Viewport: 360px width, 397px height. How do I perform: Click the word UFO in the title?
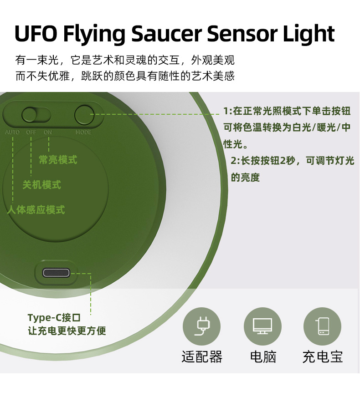click(35, 34)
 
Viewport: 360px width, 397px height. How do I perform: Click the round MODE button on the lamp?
click(84, 115)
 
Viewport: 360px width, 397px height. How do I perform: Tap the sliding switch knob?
click(30, 115)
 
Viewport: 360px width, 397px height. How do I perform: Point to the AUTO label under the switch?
click(12, 132)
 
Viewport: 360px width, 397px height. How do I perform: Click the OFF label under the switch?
click(31, 132)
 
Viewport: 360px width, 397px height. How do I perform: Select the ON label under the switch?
click(48, 132)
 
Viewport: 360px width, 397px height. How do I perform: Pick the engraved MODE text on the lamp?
click(83, 132)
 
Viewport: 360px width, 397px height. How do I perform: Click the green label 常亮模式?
click(57, 160)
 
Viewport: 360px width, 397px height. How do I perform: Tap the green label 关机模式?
click(41, 185)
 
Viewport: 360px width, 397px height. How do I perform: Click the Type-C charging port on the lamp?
click(57, 273)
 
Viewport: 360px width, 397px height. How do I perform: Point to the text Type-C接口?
click(54, 317)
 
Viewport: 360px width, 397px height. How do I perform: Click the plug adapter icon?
click(201, 326)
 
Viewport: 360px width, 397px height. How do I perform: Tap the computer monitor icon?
click(262, 326)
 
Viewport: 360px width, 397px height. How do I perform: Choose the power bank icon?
click(322, 326)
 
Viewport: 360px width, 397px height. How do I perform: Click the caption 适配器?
click(201, 356)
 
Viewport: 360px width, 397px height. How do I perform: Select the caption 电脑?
click(263, 356)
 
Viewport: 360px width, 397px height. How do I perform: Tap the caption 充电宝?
click(322, 356)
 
